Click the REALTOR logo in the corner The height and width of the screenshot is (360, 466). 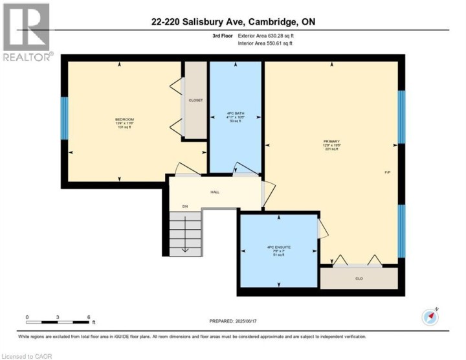point(27,32)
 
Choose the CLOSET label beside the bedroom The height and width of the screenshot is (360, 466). point(195,100)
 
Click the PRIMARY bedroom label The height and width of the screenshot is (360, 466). point(332,141)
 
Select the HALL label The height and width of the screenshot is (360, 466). point(215,192)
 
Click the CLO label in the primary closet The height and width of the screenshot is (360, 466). point(358,279)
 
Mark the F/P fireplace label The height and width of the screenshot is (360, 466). point(388,172)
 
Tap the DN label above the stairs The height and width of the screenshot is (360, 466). point(184,207)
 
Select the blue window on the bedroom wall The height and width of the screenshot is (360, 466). point(64,117)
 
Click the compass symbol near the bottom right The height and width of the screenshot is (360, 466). point(430,316)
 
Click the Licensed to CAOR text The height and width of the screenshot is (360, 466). point(27,355)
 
